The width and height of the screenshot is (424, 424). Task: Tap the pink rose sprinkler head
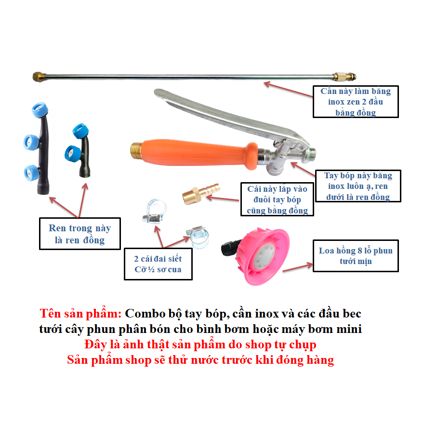pyautogui.click(x=262, y=256)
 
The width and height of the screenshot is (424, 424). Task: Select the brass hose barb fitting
pyautogui.click(x=201, y=193)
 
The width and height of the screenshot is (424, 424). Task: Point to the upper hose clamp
pyautogui.click(x=154, y=212)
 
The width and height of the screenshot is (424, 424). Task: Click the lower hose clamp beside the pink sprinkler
pyautogui.click(x=198, y=237)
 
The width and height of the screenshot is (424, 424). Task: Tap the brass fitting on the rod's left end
pyautogui.click(x=39, y=77)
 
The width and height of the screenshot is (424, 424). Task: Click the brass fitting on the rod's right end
pyautogui.click(x=344, y=77)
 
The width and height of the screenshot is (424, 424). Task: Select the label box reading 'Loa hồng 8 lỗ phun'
pyautogui.click(x=356, y=256)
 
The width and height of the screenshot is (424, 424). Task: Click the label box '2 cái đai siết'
pyautogui.click(x=158, y=264)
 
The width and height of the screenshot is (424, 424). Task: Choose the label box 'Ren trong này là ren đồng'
pyautogui.click(x=80, y=234)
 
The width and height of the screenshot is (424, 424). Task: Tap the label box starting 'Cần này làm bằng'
pyautogui.click(x=356, y=102)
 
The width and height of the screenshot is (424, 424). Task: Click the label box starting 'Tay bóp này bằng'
pyautogui.click(x=358, y=186)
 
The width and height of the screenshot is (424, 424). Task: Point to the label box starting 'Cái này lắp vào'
pyautogui.click(x=277, y=199)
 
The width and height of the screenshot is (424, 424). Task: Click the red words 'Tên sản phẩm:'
pyautogui.click(x=80, y=314)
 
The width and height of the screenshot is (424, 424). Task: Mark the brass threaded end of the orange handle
pyautogui.click(x=136, y=152)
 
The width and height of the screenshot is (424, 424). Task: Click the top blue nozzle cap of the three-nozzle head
pyautogui.click(x=40, y=109)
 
